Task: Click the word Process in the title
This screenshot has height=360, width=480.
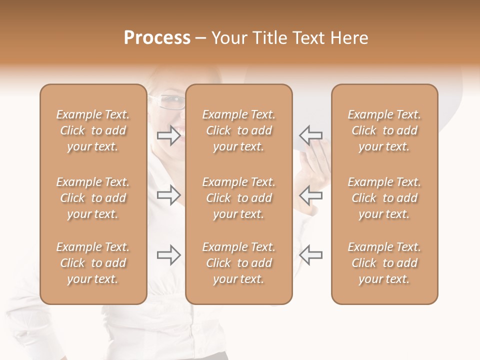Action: click(x=157, y=38)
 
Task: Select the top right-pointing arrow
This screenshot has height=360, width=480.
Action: click(x=169, y=135)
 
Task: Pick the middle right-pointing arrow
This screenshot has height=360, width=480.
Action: click(x=169, y=195)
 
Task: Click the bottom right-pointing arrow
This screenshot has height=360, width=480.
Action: click(x=169, y=255)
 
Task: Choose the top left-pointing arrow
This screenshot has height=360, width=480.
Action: click(x=310, y=135)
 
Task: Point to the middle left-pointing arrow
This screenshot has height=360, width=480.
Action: click(x=310, y=195)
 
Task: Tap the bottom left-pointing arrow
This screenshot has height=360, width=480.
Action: click(x=310, y=255)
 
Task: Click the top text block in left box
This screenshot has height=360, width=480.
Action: click(x=93, y=130)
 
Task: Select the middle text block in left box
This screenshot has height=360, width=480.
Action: click(x=93, y=198)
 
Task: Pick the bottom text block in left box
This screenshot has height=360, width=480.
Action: click(x=93, y=263)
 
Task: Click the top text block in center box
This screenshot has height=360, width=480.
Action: click(x=239, y=130)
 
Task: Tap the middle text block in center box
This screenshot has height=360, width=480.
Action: click(x=239, y=198)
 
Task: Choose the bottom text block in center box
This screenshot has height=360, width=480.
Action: click(x=239, y=263)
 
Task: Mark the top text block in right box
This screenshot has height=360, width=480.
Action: click(x=384, y=130)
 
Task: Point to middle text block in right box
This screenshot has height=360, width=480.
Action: click(x=384, y=198)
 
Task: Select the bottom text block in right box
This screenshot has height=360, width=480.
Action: click(x=384, y=263)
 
